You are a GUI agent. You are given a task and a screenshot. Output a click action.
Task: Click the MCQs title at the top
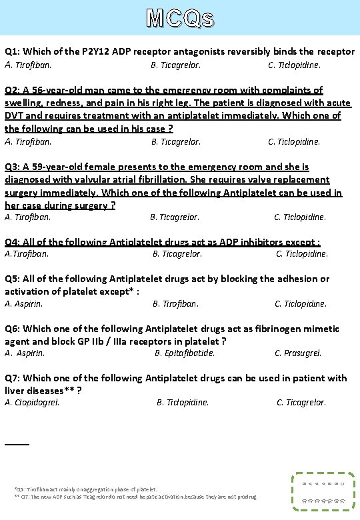[180, 18]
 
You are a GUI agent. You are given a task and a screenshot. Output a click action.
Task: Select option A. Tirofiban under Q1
[28, 65]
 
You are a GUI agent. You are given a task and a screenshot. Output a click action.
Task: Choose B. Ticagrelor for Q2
[175, 141]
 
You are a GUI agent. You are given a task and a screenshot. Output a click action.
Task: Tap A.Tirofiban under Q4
[27, 253]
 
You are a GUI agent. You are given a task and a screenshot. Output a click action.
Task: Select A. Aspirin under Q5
[24, 303]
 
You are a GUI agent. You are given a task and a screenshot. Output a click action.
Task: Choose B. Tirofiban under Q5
[175, 303]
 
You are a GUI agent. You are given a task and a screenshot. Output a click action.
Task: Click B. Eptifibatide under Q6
[185, 353]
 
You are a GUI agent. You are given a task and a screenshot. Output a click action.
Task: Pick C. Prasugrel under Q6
[298, 353]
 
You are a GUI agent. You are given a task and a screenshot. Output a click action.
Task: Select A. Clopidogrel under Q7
[32, 402]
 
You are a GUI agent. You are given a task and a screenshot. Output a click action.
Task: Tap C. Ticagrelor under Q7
[301, 402]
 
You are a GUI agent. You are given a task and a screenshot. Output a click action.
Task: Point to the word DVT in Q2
[15, 115]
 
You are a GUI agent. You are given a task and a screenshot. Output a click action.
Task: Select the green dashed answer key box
[323, 491]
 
